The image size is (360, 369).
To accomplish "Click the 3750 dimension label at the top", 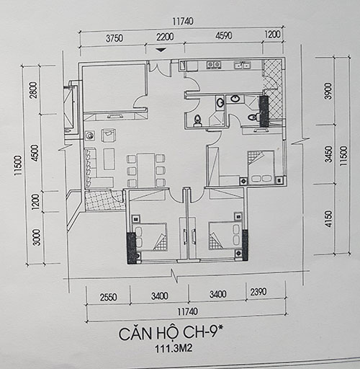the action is pos(114,38).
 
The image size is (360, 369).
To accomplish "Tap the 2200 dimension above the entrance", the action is pos(165,37).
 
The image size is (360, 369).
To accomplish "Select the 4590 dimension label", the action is pos(224,36).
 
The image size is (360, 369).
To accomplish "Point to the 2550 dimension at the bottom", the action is pos(109,297).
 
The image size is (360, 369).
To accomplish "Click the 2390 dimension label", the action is pos(258,292).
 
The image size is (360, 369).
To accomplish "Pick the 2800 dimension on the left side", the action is pos(34,90).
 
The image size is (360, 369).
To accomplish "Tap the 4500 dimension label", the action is pos(35,153).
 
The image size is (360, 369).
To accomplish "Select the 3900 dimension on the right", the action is pos(329,91).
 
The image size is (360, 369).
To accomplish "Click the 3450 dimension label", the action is pos(328,154).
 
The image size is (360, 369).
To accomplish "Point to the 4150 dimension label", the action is pos(328,219).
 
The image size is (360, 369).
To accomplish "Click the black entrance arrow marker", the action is pos(161,50).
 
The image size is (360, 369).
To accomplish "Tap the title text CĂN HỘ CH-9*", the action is pos(171,334).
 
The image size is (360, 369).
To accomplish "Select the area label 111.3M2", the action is pos(174,349).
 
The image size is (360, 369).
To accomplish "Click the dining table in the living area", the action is pos(145,171).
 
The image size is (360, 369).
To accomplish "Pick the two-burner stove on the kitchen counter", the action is pos(214,65).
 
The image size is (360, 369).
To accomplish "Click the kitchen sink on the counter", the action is pos(243,66).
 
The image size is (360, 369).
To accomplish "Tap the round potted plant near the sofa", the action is pos(90,136).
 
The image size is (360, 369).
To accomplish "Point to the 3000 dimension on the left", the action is pos(37,237).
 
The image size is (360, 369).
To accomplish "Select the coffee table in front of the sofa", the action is pos(109,159).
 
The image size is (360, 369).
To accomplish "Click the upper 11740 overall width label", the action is pos(183,22).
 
